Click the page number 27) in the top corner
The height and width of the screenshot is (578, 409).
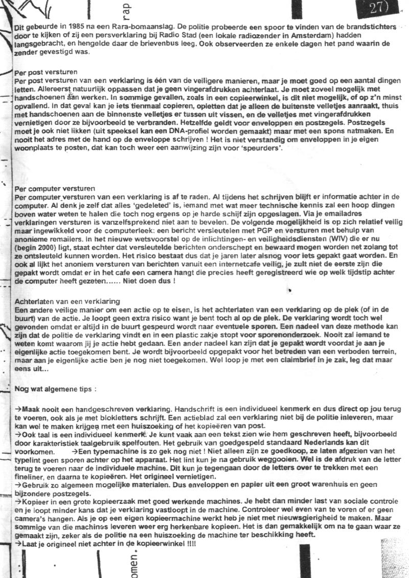[379, 9]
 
